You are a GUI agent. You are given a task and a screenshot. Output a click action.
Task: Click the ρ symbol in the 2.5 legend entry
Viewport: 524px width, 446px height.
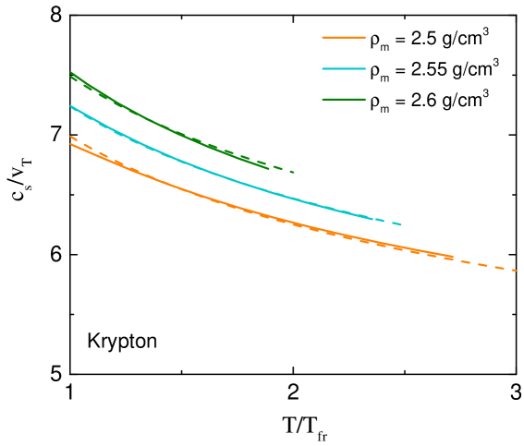(x=374, y=41)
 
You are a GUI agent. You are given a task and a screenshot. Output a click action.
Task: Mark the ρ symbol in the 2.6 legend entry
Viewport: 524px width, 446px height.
(x=374, y=102)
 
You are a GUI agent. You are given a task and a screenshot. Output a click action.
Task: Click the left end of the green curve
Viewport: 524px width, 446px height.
(x=70, y=73)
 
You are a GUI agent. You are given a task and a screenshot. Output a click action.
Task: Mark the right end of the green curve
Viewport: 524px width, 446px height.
(x=294, y=172)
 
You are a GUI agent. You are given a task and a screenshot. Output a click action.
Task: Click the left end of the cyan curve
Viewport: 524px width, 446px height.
(x=70, y=106)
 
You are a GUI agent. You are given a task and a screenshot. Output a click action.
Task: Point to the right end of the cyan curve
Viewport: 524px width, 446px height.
(x=401, y=224)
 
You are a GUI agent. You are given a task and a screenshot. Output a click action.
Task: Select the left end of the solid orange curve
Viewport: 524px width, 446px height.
(x=70, y=144)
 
